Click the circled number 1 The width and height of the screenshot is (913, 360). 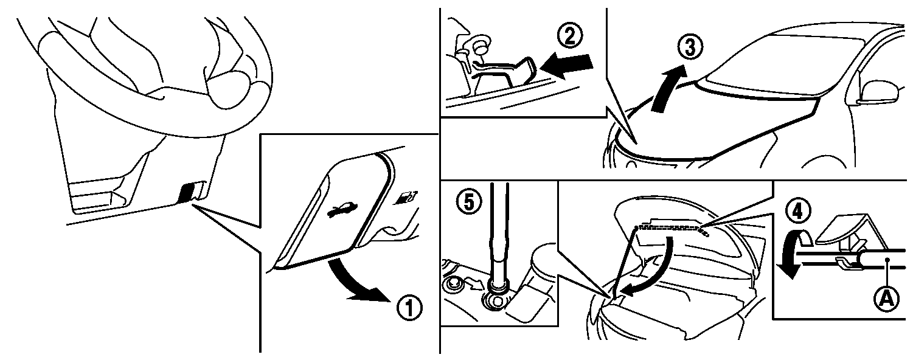coord(409,308)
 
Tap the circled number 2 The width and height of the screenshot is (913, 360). coord(570,35)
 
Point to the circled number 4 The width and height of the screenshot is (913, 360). coord(797,212)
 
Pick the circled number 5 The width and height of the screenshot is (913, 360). coord(469,202)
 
